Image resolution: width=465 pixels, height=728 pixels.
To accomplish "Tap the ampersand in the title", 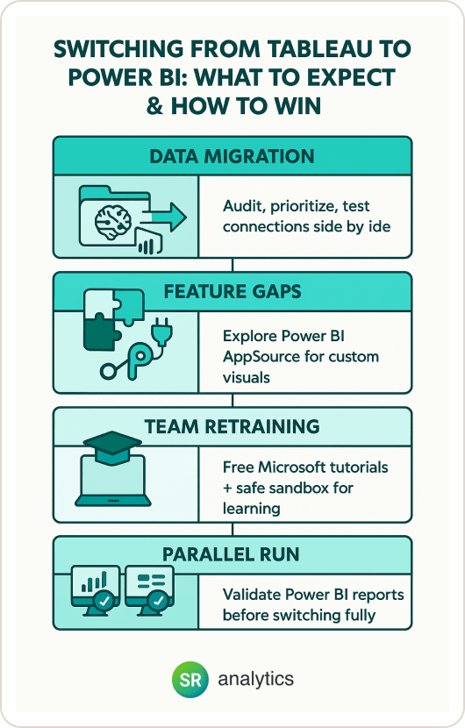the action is (154, 106).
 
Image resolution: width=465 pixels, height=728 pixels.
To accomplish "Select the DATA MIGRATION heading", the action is (232, 156).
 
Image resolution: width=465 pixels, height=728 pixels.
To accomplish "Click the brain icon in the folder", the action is (113, 220).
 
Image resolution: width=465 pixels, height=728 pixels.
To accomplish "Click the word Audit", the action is (245, 205).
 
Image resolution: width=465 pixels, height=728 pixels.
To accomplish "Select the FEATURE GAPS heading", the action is (232, 291).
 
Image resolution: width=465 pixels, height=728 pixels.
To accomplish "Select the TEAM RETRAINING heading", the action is (232, 426).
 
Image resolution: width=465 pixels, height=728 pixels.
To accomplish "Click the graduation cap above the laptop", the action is (112, 446).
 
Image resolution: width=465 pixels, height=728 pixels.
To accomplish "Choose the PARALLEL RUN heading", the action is (231, 554).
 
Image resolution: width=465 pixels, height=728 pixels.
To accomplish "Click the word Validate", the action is (251, 595).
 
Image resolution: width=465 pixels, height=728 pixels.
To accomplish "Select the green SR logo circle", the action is (190, 680).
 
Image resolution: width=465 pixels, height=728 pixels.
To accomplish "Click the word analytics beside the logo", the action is (256, 679).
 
